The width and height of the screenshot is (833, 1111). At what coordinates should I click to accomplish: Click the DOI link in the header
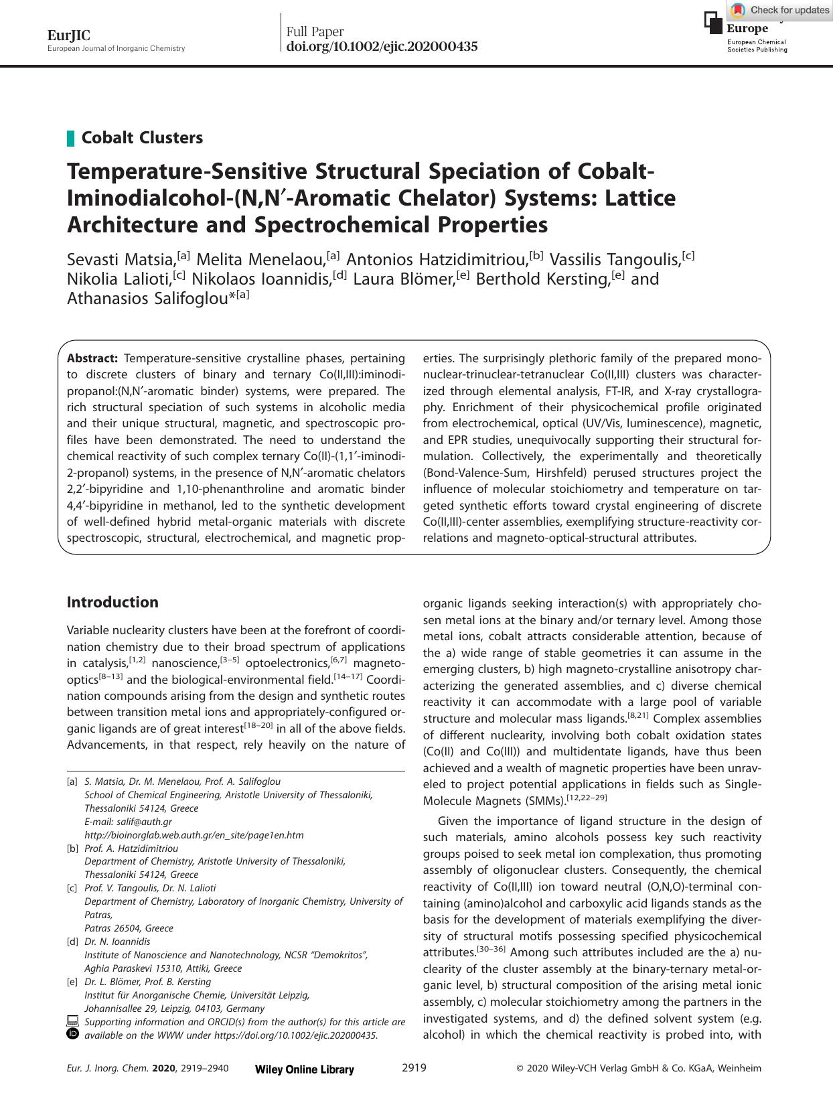click(382, 47)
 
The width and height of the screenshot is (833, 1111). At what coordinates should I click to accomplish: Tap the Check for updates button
click(780, 10)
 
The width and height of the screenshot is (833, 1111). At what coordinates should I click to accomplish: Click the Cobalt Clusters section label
click(142, 138)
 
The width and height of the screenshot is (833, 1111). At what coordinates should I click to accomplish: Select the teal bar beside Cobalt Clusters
click(70, 139)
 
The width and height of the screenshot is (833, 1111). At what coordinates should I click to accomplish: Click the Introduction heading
click(112, 602)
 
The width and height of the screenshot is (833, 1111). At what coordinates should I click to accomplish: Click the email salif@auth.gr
click(128, 822)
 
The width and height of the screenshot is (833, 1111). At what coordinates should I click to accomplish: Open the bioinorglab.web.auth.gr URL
click(194, 835)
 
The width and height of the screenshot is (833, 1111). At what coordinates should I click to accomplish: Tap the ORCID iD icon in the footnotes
click(72, 1034)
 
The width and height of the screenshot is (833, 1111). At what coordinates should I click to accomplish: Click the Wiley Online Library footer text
click(305, 1069)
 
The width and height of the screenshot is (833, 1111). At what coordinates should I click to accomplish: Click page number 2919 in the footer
click(414, 1068)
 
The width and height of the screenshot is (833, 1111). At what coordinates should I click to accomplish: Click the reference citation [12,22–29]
click(587, 798)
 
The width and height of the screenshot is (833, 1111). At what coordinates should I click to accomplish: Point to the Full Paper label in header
click(315, 31)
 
